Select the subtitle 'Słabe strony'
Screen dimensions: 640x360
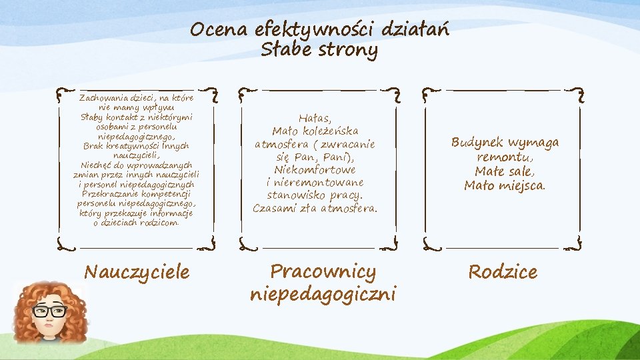(x=319, y=50)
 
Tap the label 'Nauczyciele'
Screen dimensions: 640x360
(x=137, y=272)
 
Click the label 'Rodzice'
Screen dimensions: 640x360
(x=503, y=272)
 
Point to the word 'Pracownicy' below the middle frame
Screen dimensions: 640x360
(x=323, y=271)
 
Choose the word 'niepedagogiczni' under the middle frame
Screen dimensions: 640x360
(x=323, y=293)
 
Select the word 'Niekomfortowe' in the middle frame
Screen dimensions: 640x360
(x=315, y=170)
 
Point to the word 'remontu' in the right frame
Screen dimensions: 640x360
(x=503, y=157)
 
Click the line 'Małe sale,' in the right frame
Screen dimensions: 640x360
(x=505, y=171)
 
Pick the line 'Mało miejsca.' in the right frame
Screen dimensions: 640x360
(x=505, y=186)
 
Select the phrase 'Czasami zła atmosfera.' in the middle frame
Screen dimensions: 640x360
(x=315, y=208)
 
